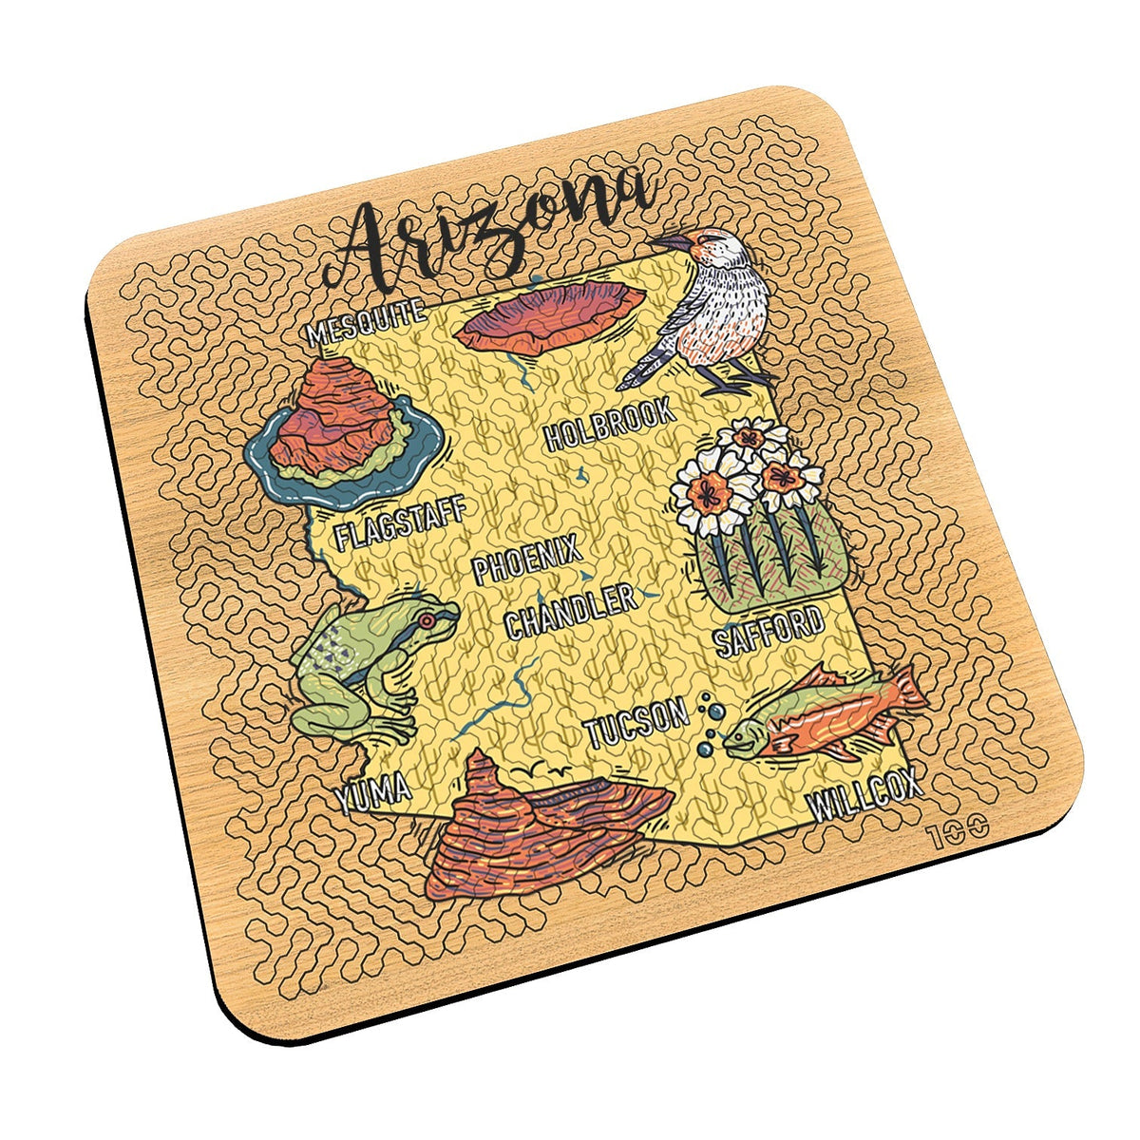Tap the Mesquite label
tap(366, 322)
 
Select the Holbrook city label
tap(611, 426)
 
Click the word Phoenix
tap(526, 560)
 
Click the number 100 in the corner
tap(959, 829)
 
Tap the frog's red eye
tap(427, 620)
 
